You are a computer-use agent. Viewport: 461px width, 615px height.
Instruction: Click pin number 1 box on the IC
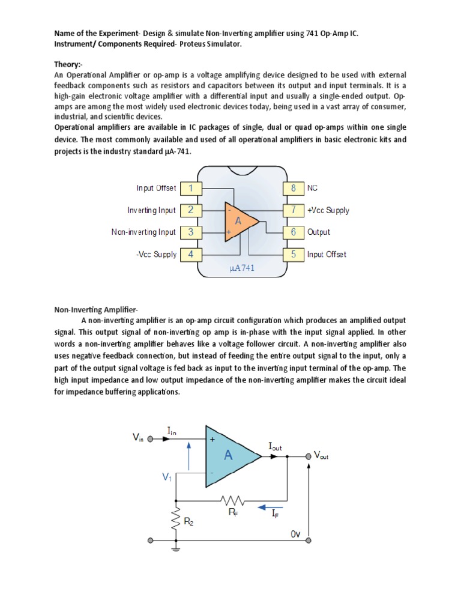pyautogui.click(x=190, y=189)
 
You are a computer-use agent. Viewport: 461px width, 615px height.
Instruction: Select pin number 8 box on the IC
pyautogui.click(x=294, y=189)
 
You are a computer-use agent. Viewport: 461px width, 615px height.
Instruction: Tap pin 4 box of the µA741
pyautogui.click(x=190, y=254)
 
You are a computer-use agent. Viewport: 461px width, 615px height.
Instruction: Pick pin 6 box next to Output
pyautogui.click(x=294, y=232)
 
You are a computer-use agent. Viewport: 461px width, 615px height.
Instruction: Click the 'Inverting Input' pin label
pyautogui.click(x=152, y=210)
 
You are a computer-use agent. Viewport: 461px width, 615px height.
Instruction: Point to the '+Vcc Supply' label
pyautogui.click(x=328, y=210)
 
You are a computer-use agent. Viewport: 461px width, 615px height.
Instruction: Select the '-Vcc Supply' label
pyautogui.click(x=156, y=254)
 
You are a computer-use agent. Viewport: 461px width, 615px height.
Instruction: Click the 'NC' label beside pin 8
pyautogui.click(x=312, y=189)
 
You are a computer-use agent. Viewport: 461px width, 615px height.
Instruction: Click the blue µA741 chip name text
pyautogui.click(x=242, y=268)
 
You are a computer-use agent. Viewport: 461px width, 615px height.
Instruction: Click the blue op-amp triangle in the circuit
pyautogui.click(x=231, y=456)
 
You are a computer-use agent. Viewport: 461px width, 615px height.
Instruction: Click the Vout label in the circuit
pyautogui.click(x=321, y=455)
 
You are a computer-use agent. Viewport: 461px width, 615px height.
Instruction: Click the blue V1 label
pyautogui.click(x=166, y=477)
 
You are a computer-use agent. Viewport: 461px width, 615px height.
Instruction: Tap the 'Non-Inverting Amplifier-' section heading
pyautogui.click(x=97, y=309)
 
